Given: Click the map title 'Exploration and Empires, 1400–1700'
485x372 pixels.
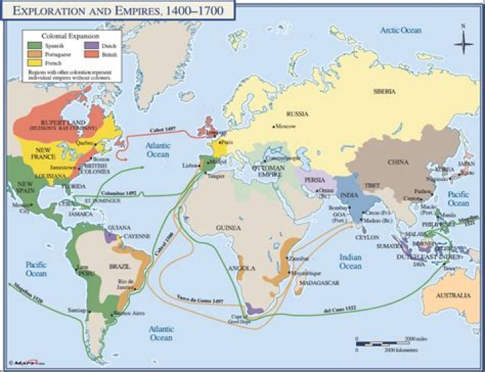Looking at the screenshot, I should pos(121,11).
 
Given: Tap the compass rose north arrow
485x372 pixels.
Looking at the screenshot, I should pos(463,42).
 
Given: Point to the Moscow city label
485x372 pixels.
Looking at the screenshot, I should pos(286,126).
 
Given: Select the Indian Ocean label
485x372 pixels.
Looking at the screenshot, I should pos(350,261).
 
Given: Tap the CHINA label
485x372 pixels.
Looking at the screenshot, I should pos(397,162).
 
